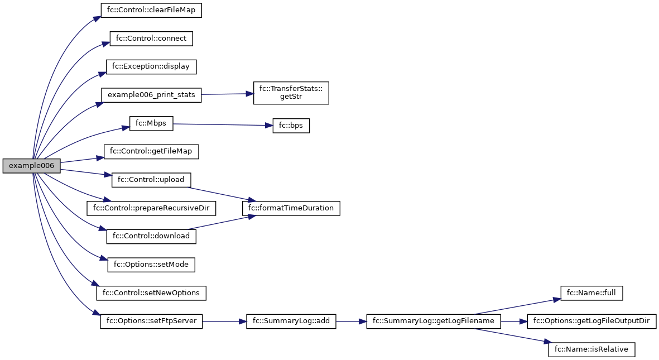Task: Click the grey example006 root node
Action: pos(31,166)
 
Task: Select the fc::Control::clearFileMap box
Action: pos(151,11)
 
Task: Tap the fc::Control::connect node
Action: pos(151,39)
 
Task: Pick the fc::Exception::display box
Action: pos(151,66)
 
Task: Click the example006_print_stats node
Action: pos(151,94)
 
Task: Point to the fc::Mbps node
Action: pos(151,123)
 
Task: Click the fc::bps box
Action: pos(291,126)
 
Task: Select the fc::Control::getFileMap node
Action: pos(151,151)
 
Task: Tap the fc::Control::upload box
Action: pos(151,180)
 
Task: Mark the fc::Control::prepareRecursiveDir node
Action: pos(151,208)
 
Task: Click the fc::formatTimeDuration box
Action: pos(291,208)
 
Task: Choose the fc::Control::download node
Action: pos(151,236)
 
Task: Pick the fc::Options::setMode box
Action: pos(151,264)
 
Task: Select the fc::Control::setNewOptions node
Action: pos(151,292)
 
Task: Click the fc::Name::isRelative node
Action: pos(591,349)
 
